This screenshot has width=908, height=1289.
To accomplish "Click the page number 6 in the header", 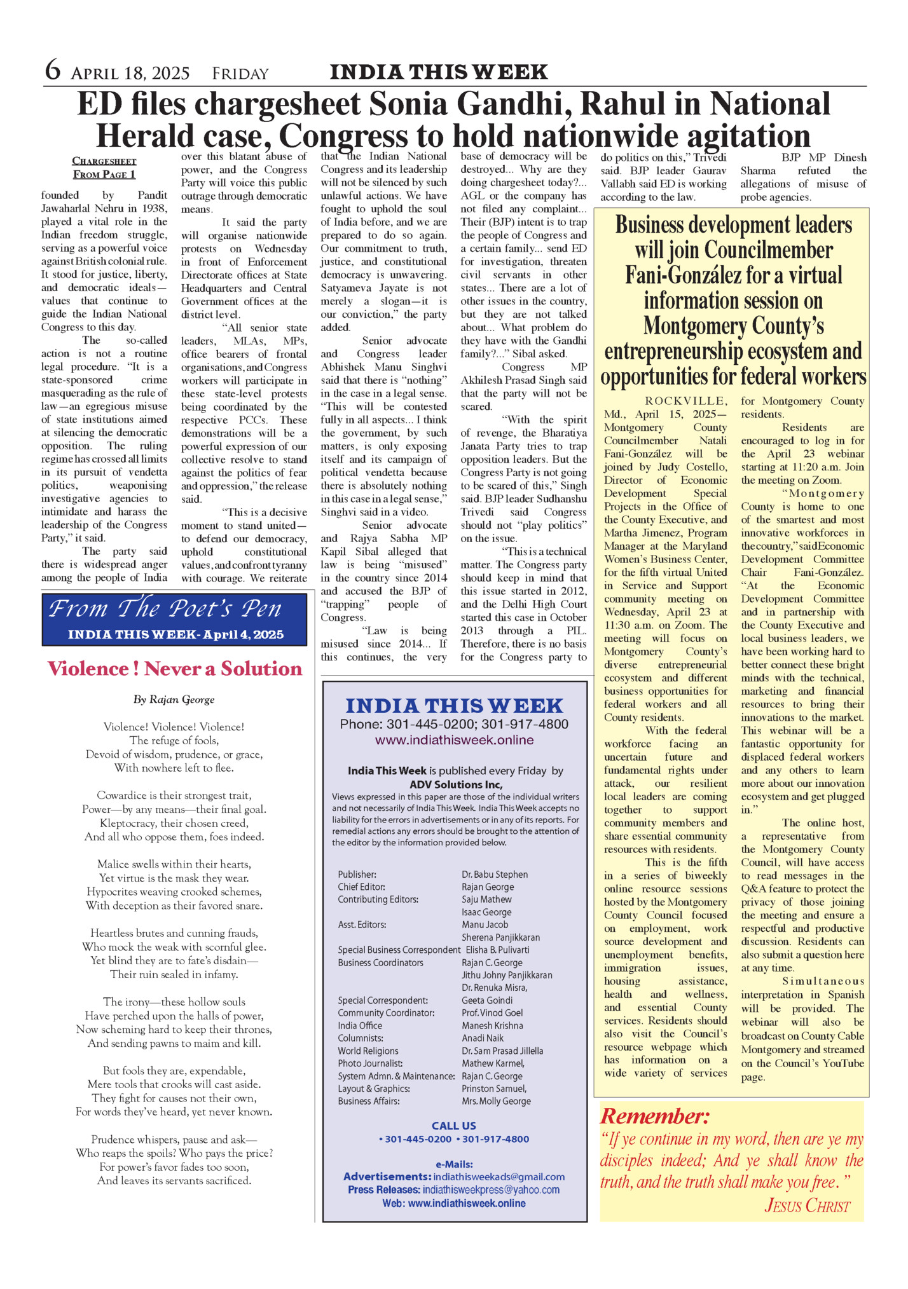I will pyautogui.click(x=53, y=71).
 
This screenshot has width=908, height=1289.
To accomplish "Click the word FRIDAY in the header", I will pyautogui.click(x=240, y=74).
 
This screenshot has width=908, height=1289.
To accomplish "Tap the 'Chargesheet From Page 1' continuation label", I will pyautogui.click(x=104, y=168).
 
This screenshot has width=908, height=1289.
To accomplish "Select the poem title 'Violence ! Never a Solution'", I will pyautogui.click(x=175, y=669).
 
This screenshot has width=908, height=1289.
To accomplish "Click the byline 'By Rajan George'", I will pyautogui.click(x=174, y=699).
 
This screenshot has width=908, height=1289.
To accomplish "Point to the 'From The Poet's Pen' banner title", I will pyautogui.click(x=165, y=609).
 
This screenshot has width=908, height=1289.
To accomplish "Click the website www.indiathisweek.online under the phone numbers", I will pyautogui.click(x=454, y=740).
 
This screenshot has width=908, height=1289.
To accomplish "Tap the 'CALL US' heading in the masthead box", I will pyautogui.click(x=453, y=1126).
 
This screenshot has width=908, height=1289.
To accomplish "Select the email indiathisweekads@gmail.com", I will pyautogui.click(x=499, y=1176).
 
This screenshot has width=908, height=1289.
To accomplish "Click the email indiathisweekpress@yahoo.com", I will pyautogui.click(x=491, y=1189).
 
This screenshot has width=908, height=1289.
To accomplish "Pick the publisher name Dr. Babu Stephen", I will pyautogui.click(x=495, y=875).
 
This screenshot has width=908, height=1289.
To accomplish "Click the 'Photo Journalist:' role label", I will pyautogui.click(x=370, y=1063).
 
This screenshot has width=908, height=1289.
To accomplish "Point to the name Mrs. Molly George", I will pyautogui.click(x=496, y=1101).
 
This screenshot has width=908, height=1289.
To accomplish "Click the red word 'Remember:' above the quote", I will pyautogui.click(x=655, y=1116).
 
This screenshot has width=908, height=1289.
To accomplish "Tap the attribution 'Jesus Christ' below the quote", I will pyautogui.click(x=807, y=1205).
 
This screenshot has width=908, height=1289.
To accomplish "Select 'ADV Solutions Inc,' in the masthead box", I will pyautogui.click(x=455, y=784).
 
